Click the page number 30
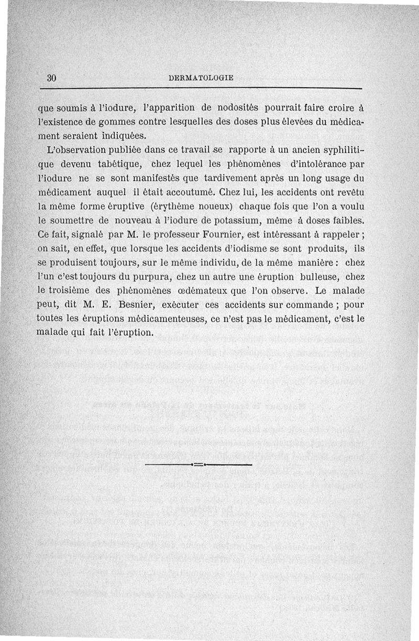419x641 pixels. (51, 78)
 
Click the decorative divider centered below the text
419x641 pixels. (197, 465)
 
